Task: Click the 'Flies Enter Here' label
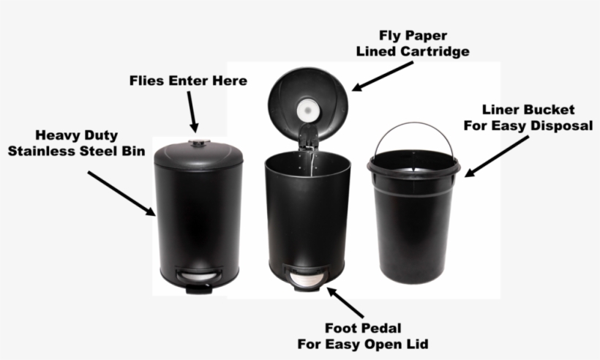(x=188, y=80)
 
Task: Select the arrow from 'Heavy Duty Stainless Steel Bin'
(x=121, y=192)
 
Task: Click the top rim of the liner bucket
(x=413, y=166)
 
